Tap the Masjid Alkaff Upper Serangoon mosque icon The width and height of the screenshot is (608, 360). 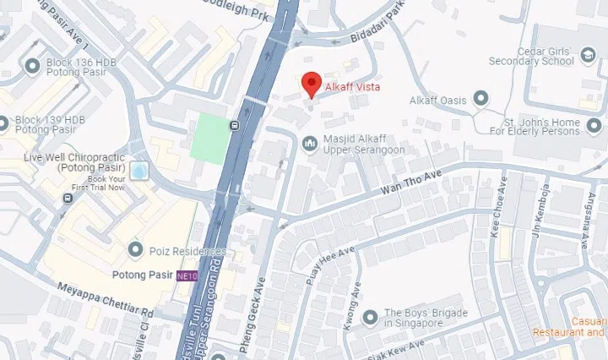[x=310, y=144]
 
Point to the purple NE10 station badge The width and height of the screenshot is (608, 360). [x=187, y=275]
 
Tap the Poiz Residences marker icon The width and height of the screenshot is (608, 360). [x=135, y=250]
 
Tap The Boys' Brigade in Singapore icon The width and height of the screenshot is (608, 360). [x=369, y=317]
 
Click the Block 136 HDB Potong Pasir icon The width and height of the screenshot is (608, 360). [x=34, y=66]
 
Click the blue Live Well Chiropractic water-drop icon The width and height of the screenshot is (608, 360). [x=138, y=172]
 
